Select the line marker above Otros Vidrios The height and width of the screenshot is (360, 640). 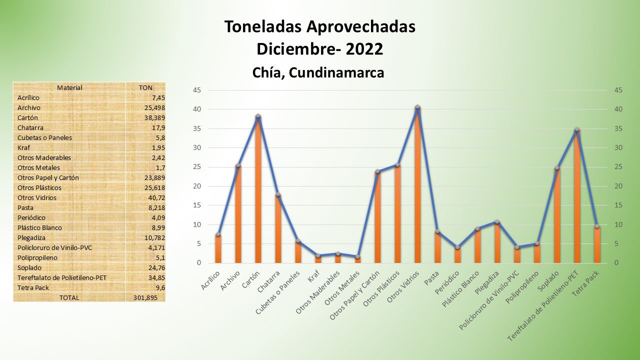click(x=417, y=107)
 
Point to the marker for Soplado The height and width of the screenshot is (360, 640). click(x=557, y=168)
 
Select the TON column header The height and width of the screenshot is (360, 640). click(x=145, y=87)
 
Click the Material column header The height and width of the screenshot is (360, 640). click(x=69, y=87)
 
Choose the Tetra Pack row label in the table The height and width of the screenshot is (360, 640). click(x=33, y=287)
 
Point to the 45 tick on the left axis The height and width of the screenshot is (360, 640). click(x=197, y=90)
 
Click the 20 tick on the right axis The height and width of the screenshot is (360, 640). click(x=618, y=186)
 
